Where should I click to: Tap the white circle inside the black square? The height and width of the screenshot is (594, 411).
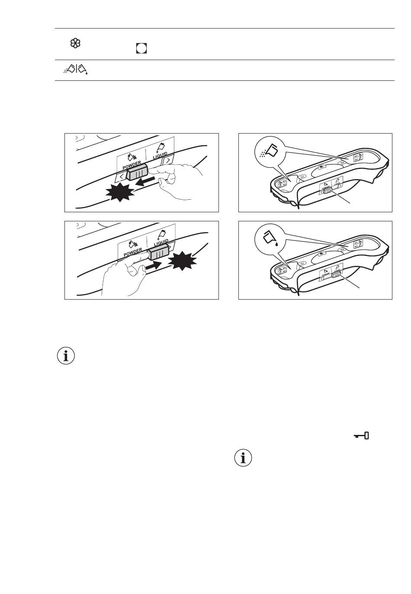coord(141,48)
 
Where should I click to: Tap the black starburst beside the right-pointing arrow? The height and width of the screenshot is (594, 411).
coord(182,261)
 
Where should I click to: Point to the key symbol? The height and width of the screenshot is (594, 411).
coord(361,436)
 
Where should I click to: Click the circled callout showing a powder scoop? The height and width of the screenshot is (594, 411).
coord(267,152)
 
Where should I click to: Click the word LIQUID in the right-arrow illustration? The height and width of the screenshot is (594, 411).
coord(160,241)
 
